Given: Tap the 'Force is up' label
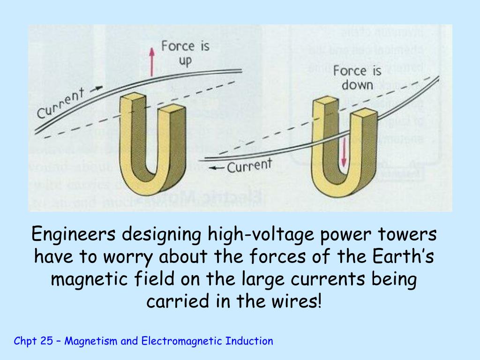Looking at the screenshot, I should point(186,53).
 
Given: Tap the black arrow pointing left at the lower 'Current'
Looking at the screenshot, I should point(216,168).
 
